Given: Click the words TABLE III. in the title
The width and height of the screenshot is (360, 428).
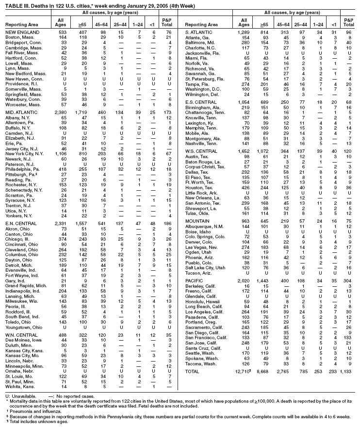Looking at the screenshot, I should click(x=16, y=4).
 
